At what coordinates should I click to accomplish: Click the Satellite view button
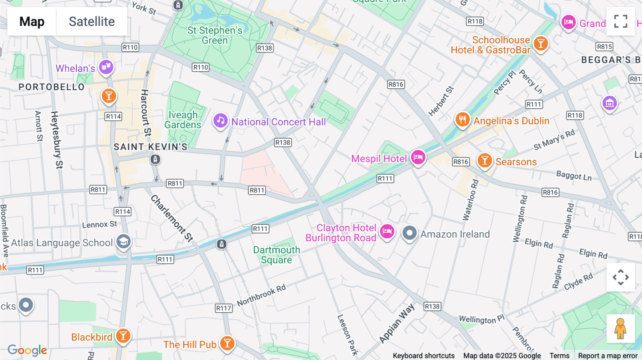(x=92, y=21)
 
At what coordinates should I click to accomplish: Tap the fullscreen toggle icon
(x=621, y=21)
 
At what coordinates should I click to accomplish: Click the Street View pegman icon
(x=620, y=329)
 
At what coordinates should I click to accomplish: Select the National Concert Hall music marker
(x=220, y=121)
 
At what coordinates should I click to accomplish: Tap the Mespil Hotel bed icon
(x=418, y=157)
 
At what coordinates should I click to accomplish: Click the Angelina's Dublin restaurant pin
(x=462, y=119)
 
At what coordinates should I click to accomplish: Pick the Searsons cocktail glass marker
(x=485, y=160)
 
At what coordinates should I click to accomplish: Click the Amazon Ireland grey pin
(x=409, y=233)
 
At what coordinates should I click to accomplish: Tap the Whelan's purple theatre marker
(x=106, y=67)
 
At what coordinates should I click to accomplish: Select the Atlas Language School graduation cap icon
(x=123, y=242)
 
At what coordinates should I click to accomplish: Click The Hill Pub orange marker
(x=227, y=343)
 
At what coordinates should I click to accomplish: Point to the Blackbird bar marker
(x=123, y=336)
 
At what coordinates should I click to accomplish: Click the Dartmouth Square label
(x=276, y=255)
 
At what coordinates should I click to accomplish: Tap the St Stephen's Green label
(x=215, y=35)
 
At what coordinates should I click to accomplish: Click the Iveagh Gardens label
(x=183, y=120)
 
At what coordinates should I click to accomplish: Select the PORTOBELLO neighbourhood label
(x=52, y=87)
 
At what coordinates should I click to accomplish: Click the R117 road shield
(x=224, y=308)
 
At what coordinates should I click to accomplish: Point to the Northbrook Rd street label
(x=261, y=295)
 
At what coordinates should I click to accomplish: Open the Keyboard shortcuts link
(x=423, y=355)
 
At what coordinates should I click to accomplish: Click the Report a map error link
(x=607, y=355)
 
